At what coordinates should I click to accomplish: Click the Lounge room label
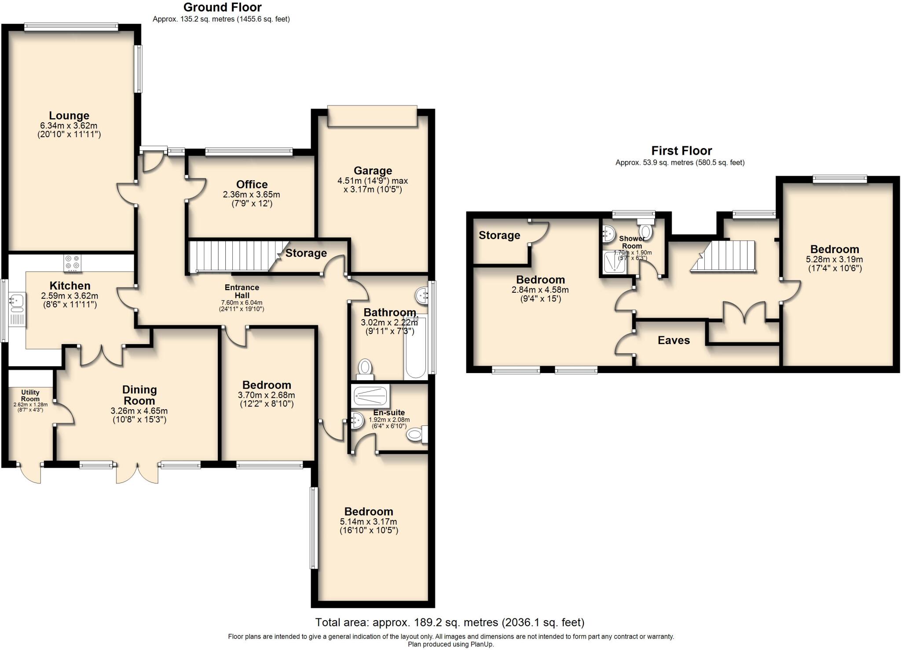[x=69, y=116]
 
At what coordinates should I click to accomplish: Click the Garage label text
[x=373, y=171]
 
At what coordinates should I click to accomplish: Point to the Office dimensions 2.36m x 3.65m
[x=252, y=195]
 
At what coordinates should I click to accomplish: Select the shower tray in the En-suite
[x=370, y=396]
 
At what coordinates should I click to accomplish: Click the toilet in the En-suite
[x=417, y=435]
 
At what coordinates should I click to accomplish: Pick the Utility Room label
[x=30, y=396]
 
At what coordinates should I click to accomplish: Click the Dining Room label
[x=139, y=395]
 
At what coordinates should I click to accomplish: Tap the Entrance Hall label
[x=242, y=291]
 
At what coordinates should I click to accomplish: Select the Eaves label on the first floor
[x=674, y=341]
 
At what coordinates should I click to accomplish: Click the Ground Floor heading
[x=222, y=7]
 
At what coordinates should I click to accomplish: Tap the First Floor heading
[x=681, y=151]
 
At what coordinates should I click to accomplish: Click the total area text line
[x=450, y=622]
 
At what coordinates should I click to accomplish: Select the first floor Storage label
[x=499, y=236]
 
